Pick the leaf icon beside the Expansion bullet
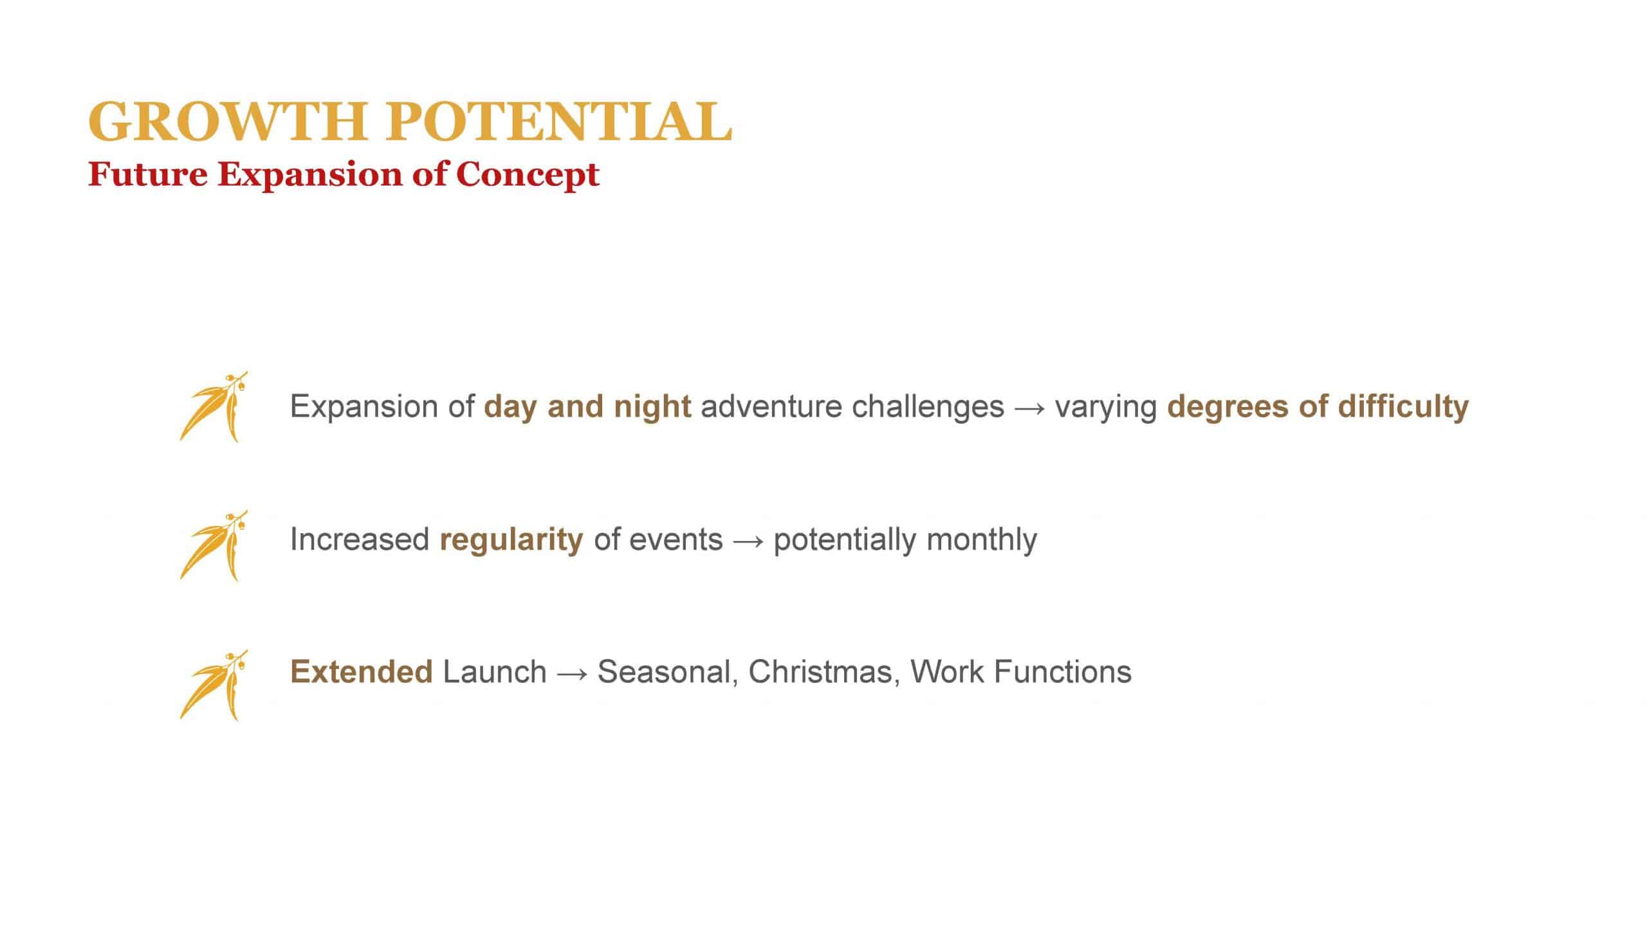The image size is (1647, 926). [x=214, y=406]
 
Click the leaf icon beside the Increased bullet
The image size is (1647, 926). [x=214, y=545]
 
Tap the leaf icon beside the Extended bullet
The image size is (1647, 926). [x=214, y=685]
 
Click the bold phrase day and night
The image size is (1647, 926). [x=588, y=407]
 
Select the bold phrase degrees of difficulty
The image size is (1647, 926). [x=1318, y=407]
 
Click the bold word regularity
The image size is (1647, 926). [x=511, y=540]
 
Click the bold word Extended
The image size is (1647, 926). [x=362, y=672]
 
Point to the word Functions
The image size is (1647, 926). [x=1063, y=672]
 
